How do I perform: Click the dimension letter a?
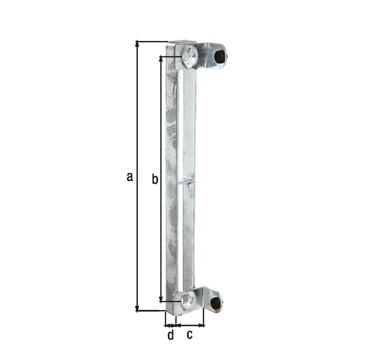pos(129,177)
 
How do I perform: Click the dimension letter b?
pos(155,179)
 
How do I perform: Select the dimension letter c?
pos(189,334)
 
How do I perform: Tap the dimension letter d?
pos(170,334)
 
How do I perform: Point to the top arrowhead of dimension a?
pos(137,45)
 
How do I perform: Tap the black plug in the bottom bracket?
pos(215,303)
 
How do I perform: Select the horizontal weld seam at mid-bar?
pos(186,181)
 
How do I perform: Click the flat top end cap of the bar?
pos(181,43)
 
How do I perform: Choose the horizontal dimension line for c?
pos(191,324)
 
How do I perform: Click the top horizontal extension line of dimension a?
pos(153,41)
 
